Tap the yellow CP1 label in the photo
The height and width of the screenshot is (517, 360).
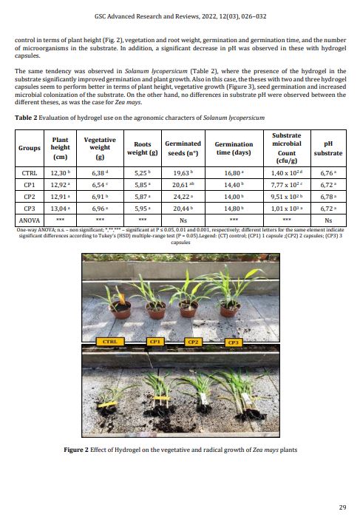coord(156,342)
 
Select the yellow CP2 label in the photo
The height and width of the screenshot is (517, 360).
coord(194,342)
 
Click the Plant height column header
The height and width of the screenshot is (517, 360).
coord(60,148)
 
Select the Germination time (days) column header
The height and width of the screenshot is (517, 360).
coord(234,148)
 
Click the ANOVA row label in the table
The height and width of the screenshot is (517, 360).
coord(28,220)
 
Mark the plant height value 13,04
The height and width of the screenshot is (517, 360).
coord(58,209)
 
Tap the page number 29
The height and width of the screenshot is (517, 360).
coord(342,507)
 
